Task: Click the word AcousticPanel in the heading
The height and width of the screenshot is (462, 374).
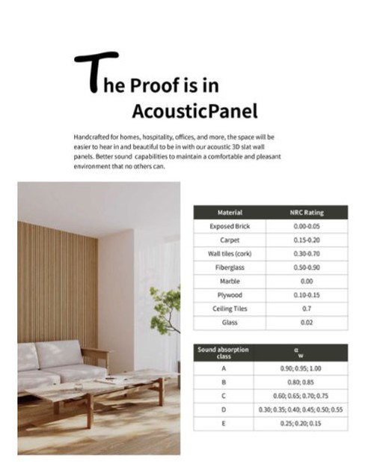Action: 194,111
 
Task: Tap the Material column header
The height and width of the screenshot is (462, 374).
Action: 229,213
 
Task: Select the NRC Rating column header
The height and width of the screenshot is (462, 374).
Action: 307,213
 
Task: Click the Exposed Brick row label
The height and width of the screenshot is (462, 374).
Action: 229,226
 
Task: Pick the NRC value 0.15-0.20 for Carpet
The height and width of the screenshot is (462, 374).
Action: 307,240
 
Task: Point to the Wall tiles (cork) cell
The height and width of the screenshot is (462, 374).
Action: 229,254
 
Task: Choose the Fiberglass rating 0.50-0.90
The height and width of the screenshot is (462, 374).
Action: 307,267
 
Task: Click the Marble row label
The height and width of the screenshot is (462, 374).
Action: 229,281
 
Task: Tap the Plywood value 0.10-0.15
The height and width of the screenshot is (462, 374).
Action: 307,295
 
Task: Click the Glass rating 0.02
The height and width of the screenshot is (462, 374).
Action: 307,322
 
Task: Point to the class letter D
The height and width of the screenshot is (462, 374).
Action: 223,410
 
